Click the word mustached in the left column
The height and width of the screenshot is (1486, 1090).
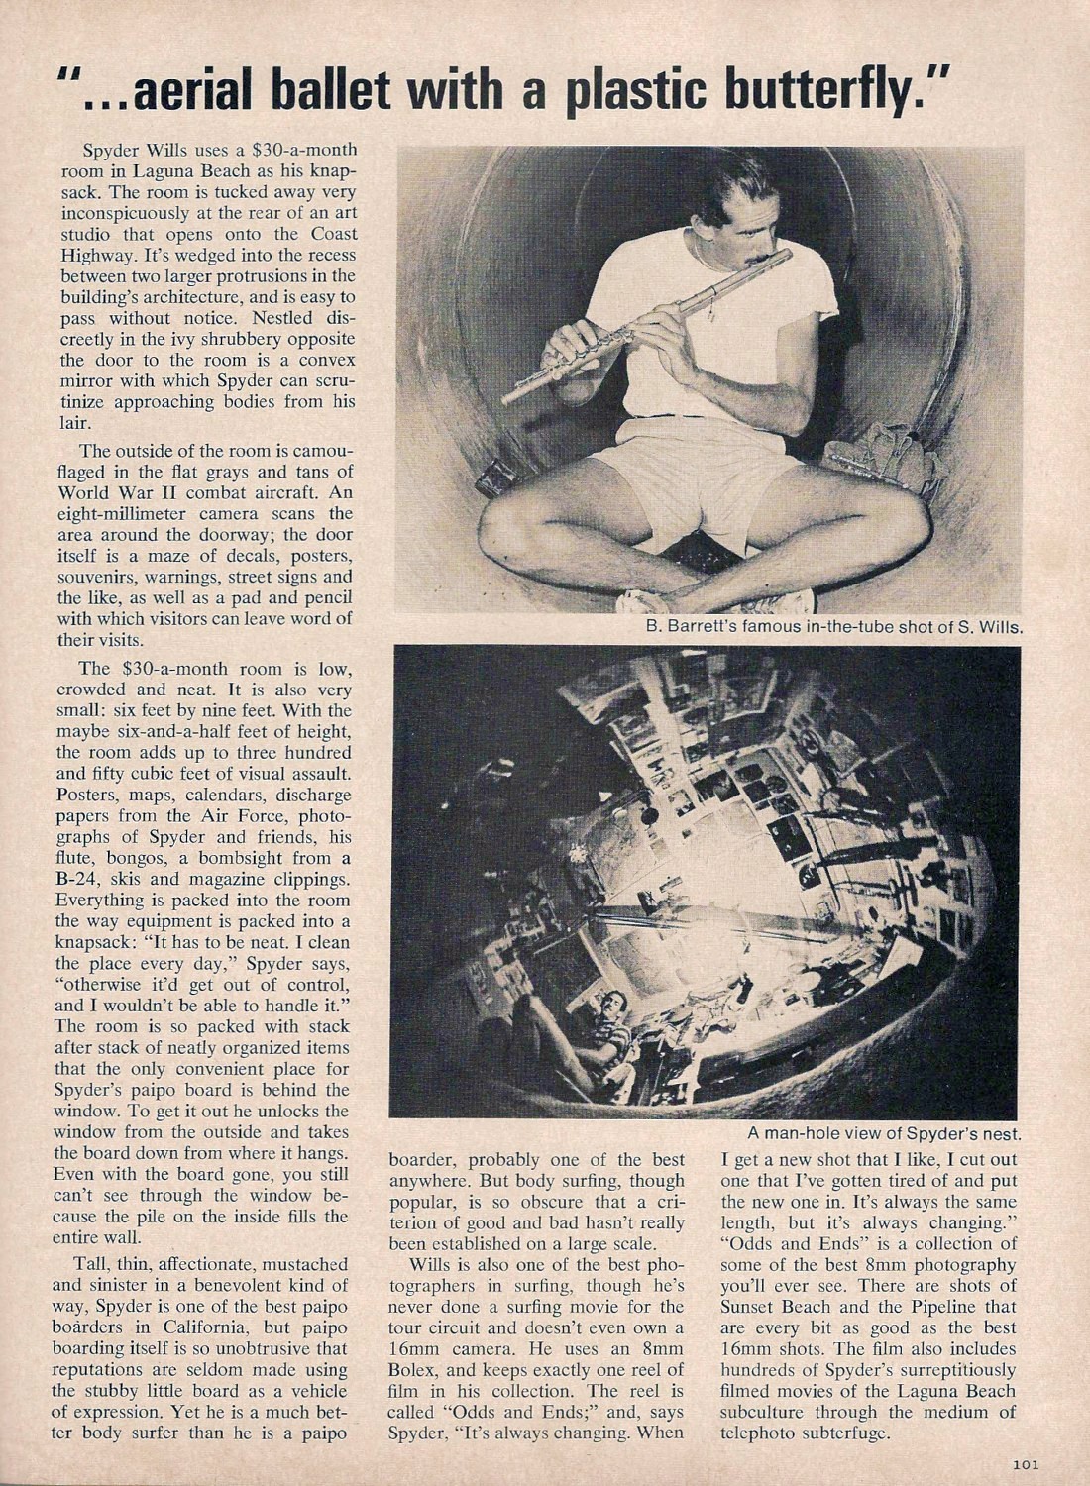tap(301, 1265)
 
